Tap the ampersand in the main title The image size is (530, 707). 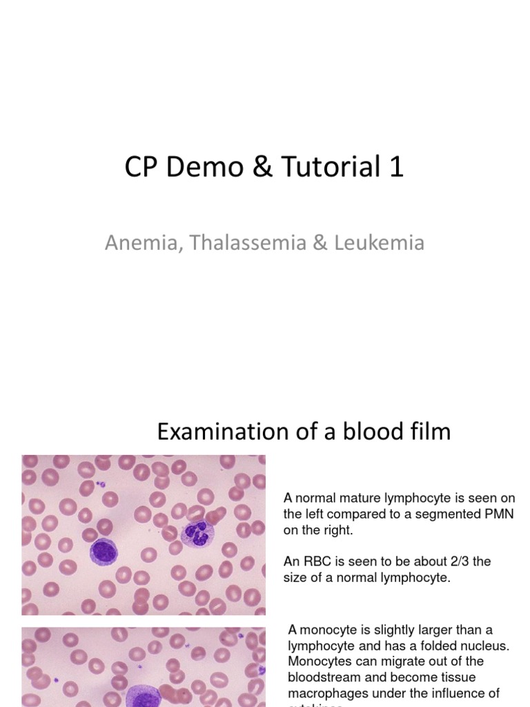pyautogui.click(x=264, y=167)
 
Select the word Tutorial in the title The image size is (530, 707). pyautogui.click(x=328, y=167)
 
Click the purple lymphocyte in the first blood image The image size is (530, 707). pyautogui.click(x=104, y=550)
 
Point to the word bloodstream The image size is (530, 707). pyautogui.click(x=325, y=677)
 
